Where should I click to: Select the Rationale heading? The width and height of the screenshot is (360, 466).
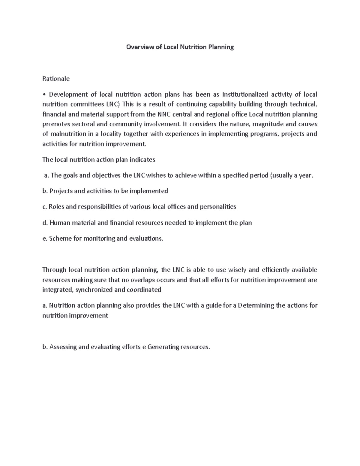56,79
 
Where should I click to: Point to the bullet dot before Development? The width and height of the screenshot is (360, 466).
44,95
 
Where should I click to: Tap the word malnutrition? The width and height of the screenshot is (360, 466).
67,134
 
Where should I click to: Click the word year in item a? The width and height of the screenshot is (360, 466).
306,176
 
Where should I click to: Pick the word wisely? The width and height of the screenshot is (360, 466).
238,270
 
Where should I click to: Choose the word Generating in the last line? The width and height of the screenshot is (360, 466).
163,347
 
